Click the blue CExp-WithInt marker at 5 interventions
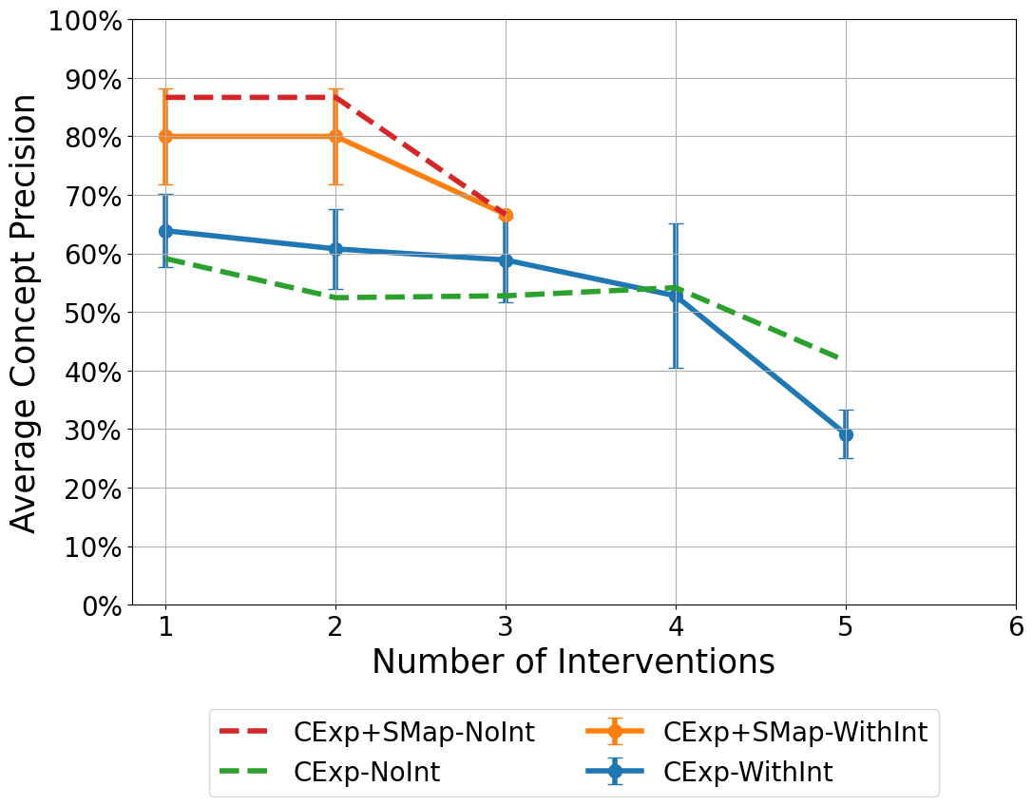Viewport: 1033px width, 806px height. click(x=846, y=434)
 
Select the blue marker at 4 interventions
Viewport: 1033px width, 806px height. click(x=676, y=296)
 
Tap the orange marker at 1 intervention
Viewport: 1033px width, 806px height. click(x=165, y=136)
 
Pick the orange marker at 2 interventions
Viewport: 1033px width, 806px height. click(x=335, y=136)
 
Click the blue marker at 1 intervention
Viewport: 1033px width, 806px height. click(x=165, y=231)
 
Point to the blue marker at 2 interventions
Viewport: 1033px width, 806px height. click(x=335, y=249)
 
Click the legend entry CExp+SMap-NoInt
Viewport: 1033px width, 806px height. click(x=413, y=732)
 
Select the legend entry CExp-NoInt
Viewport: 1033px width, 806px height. click(x=366, y=772)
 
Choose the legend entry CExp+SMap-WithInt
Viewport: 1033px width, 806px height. click(x=794, y=732)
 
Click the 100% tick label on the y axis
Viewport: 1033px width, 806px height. click(x=85, y=20)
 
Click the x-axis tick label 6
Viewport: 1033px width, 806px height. click(x=1016, y=627)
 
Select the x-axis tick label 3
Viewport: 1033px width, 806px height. click(x=506, y=627)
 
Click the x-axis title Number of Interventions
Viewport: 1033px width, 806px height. click(x=573, y=662)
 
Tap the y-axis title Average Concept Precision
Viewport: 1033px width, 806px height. click(x=25, y=313)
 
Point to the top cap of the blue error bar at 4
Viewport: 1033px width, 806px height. click(x=676, y=224)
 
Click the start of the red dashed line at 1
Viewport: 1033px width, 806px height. click(x=167, y=98)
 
